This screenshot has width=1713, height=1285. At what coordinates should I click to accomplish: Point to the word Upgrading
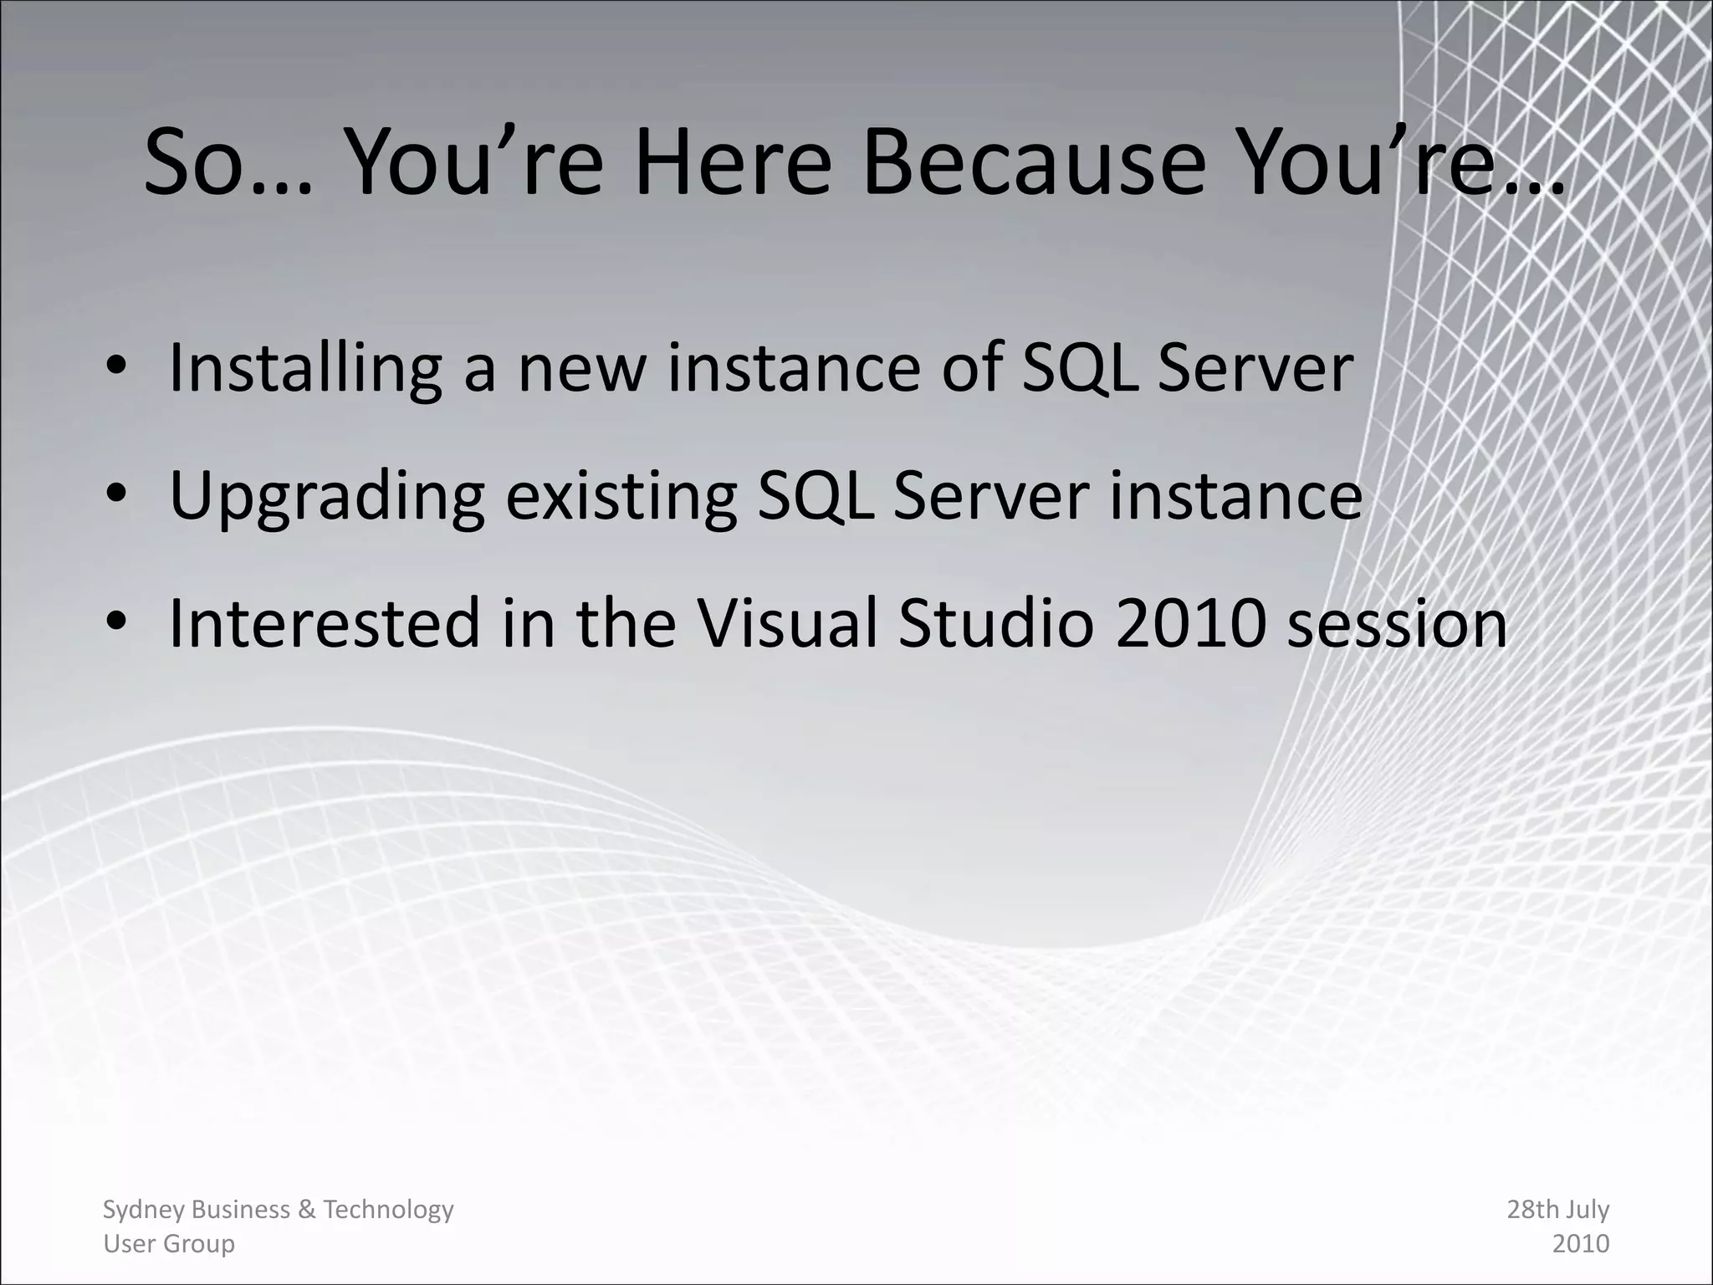point(326,497)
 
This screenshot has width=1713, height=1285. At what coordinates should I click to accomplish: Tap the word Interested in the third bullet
point(325,623)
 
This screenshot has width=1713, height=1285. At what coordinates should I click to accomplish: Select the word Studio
point(995,623)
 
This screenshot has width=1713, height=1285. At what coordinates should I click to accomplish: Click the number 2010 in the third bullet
point(1189,623)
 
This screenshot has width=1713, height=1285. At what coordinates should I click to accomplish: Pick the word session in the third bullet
point(1396,623)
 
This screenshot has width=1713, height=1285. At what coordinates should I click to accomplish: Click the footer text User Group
point(168,1244)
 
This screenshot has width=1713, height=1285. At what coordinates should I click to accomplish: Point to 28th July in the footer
point(1557,1210)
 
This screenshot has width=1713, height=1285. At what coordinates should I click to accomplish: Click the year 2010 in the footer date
point(1580,1244)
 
